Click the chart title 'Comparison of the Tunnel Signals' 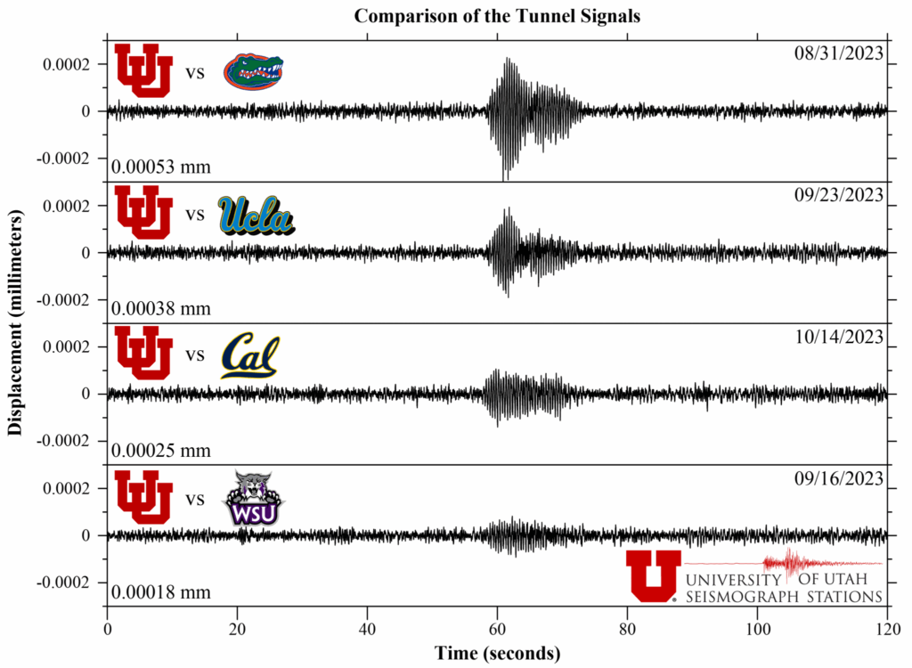coord(497,16)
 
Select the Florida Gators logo coord(254,72)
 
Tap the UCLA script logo coord(256,215)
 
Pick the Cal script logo coord(250,355)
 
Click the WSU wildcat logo coord(254,499)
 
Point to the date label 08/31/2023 coord(839,53)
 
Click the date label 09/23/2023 coord(839,195)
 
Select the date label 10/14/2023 coord(839,337)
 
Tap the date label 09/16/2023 coord(839,478)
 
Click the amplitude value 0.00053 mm coord(161,167)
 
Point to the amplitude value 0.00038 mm coord(161,308)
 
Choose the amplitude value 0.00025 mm coord(161,451)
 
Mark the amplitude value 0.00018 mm coord(161,592)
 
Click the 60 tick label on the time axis coord(497,629)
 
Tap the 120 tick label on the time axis coord(886,629)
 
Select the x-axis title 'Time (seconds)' coord(497,653)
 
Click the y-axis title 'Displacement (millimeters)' coord(15,323)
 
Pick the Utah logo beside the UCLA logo coord(144,212)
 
